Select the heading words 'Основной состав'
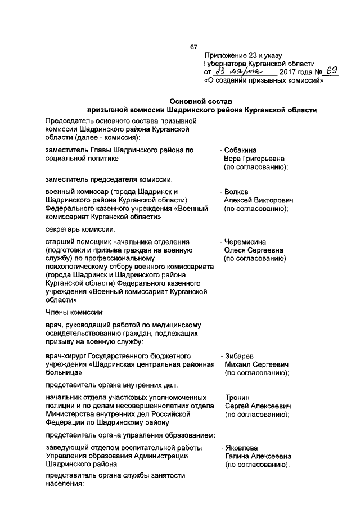click(202, 101)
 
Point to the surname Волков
click(236, 192)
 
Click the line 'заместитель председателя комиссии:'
click(109, 179)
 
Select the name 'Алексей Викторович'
click(256, 200)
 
